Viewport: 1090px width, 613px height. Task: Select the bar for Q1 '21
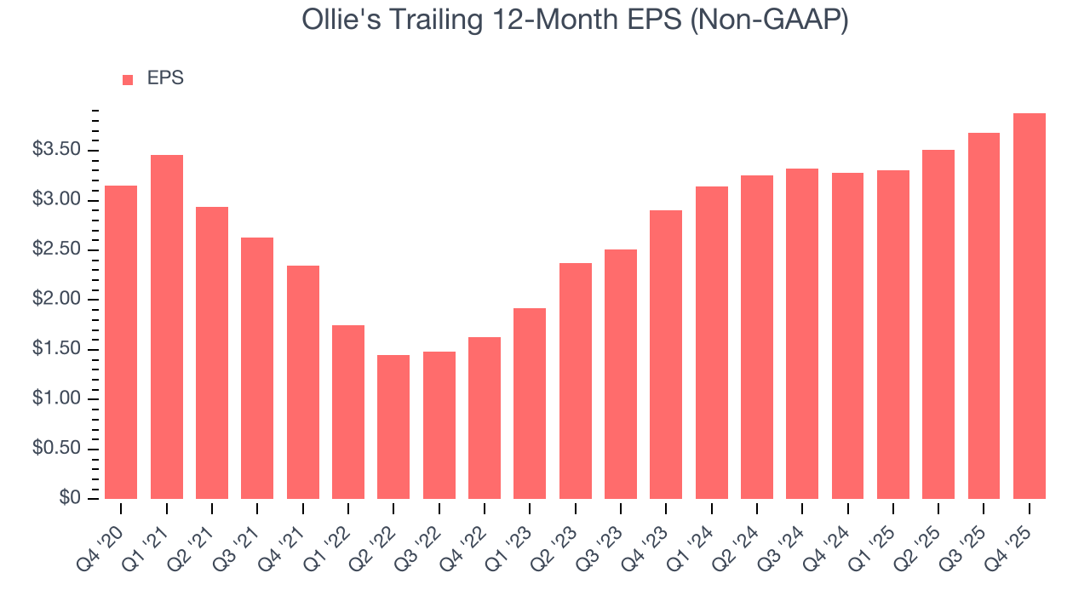click(x=167, y=327)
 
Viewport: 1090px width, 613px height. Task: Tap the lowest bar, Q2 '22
click(x=393, y=427)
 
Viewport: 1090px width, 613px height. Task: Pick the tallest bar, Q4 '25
click(x=1030, y=306)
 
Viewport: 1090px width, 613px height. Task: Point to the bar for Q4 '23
click(x=666, y=354)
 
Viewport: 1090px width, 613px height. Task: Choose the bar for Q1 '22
click(x=348, y=412)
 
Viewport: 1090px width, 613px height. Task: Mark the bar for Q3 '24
click(x=802, y=334)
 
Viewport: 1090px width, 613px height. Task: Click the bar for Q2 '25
click(x=938, y=324)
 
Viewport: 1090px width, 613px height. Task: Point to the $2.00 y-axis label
click(x=56, y=300)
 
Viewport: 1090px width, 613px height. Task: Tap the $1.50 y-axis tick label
click(x=56, y=349)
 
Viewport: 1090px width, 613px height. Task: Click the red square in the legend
click(x=128, y=80)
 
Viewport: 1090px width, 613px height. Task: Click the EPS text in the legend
click(x=165, y=79)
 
